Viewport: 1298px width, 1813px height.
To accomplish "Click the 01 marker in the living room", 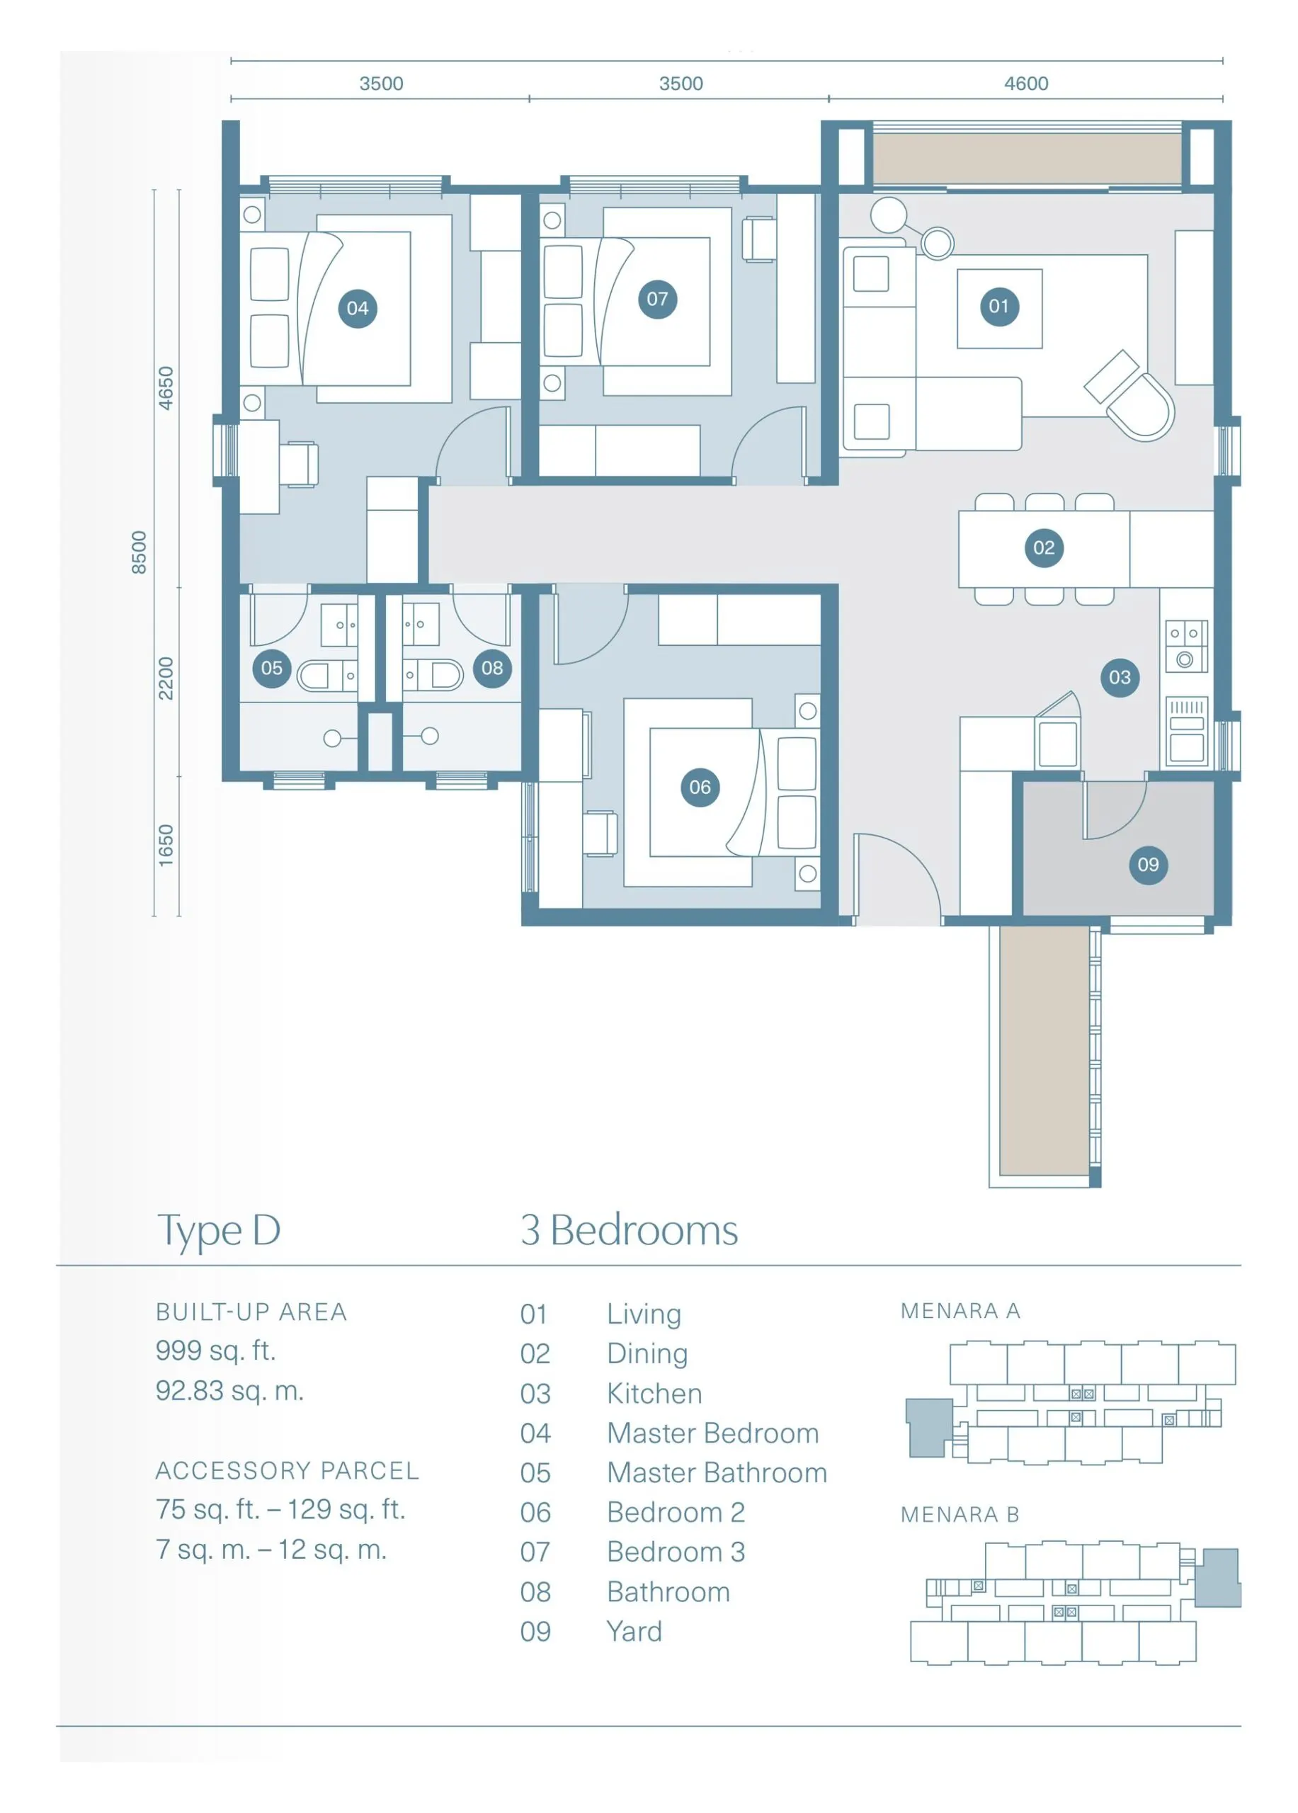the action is pyautogui.click(x=998, y=306).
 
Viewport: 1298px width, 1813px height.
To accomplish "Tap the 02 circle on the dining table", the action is pyautogui.click(x=1043, y=547).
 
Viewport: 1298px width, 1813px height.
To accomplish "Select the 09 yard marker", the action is pyautogui.click(x=1148, y=864).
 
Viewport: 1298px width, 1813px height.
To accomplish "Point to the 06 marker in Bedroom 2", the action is pyautogui.click(x=700, y=788).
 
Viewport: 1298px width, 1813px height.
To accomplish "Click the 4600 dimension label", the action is pyautogui.click(x=1026, y=83).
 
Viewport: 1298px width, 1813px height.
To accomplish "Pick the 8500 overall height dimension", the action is pyautogui.click(x=139, y=552).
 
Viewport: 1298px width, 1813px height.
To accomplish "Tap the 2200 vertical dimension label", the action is pyautogui.click(x=166, y=678).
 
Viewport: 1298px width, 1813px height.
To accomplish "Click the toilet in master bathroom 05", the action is pyautogui.click(x=326, y=676).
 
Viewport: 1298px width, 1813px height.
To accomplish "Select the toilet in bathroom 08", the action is pyautogui.click(x=433, y=675).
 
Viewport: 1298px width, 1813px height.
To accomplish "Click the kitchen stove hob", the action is pyautogui.click(x=1185, y=646).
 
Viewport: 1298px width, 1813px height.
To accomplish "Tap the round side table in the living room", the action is pyautogui.click(x=888, y=215).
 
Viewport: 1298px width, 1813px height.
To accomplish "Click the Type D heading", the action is pyautogui.click(x=219, y=1230).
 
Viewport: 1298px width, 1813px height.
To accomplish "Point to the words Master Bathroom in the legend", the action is pyautogui.click(x=717, y=1472).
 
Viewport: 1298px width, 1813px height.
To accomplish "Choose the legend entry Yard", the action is pyautogui.click(x=634, y=1631).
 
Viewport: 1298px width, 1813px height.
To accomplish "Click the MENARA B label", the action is pyautogui.click(x=960, y=1514).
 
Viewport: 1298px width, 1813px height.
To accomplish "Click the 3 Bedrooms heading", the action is pyautogui.click(x=629, y=1230).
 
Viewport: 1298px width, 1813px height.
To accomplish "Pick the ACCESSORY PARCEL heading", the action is pyautogui.click(x=287, y=1470).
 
